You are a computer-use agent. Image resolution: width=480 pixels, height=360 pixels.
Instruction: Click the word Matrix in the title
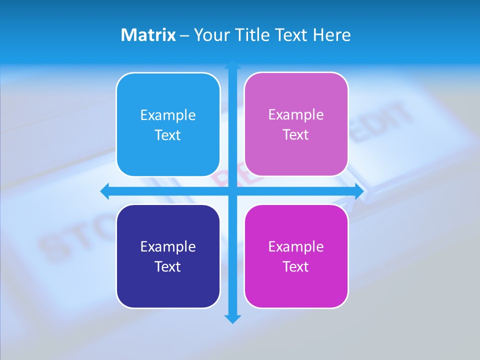click(148, 35)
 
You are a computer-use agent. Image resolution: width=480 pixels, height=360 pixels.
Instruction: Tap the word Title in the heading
click(252, 35)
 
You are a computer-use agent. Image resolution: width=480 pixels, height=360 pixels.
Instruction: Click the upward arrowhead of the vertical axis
click(232, 64)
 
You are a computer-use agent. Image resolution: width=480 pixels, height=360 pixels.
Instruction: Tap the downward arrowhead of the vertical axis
click(232, 319)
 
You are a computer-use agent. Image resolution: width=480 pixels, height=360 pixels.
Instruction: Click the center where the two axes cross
click(232, 191)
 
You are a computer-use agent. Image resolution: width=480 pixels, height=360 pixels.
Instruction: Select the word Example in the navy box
click(168, 246)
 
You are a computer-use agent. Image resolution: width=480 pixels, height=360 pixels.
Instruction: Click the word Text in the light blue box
click(168, 135)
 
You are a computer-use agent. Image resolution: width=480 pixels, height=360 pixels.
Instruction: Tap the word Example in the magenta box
click(296, 246)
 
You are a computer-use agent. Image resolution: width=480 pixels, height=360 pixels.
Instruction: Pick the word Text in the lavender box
click(296, 134)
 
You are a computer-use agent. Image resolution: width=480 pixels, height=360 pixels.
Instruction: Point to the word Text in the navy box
click(168, 266)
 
